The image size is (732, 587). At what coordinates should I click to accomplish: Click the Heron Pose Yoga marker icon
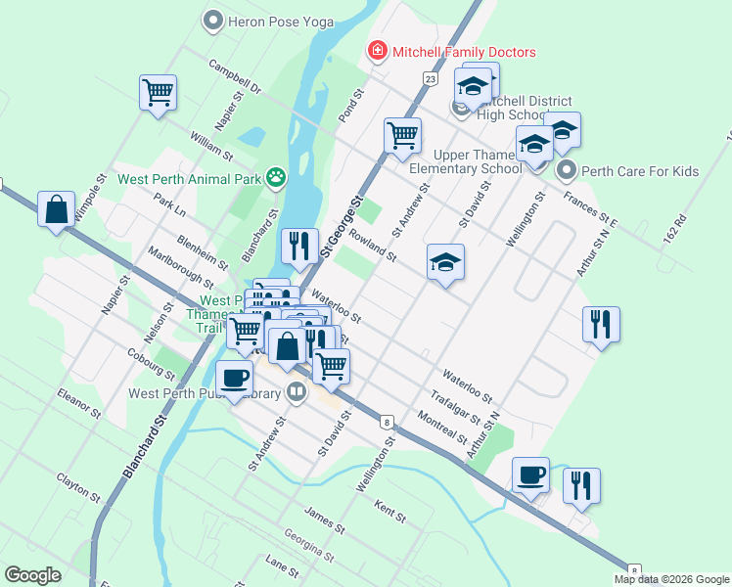coord(212,20)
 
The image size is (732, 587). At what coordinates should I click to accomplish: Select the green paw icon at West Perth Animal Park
coord(278,178)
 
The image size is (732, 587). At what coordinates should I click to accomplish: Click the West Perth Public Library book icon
coord(297,393)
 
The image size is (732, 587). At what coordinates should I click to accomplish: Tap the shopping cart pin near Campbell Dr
coord(158,94)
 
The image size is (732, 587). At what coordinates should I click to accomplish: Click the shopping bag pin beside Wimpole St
coord(57,209)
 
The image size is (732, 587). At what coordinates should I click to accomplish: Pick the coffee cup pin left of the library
coord(234,378)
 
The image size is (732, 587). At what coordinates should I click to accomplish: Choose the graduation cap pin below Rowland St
coord(445,262)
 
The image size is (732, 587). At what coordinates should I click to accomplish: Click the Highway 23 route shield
coord(431,77)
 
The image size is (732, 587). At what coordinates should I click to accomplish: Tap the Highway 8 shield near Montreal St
coord(389,422)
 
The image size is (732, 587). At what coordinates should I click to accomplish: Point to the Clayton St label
coord(78,486)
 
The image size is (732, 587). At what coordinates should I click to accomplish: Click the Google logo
coord(32,575)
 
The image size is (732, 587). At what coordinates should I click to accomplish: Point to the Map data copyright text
coord(670,578)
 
